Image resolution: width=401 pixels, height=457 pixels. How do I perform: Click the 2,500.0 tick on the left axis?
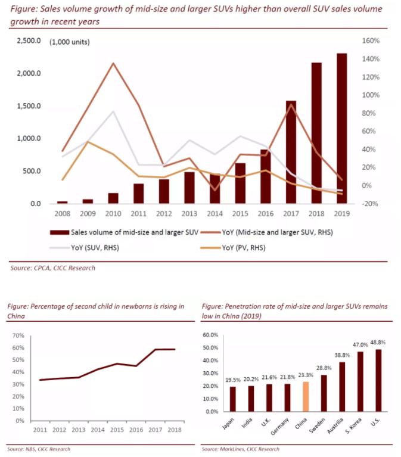point(29,41)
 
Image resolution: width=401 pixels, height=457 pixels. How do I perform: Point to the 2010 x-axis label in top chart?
point(113,213)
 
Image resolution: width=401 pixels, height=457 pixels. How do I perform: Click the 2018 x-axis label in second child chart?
point(175,430)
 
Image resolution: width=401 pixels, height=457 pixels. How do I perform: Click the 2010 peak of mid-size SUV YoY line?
point(113,63)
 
